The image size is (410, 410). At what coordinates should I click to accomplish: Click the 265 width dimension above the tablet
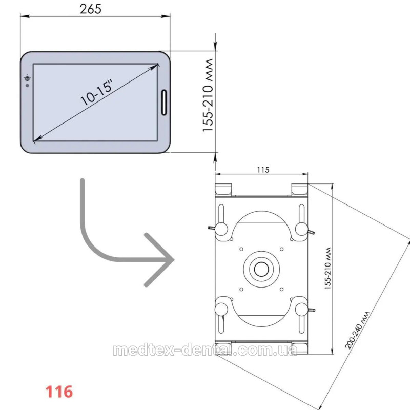[x=91, y=9]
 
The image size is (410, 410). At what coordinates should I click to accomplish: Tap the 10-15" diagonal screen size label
[x=97, y=93]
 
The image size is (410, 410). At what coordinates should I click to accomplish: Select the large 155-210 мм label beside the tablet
[x=208, y=95]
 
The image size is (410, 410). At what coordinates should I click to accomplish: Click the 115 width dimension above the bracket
[x=263, y=170]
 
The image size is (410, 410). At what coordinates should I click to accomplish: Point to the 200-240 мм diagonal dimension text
[x=357, y=330]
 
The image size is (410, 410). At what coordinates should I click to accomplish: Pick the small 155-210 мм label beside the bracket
[x=328, y=268]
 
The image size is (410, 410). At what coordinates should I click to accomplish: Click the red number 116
[x=59, y=392]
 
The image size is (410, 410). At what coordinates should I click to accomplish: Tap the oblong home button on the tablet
[x=164, y=102]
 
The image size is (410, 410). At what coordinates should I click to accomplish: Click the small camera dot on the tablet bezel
[x=27, y=86]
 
